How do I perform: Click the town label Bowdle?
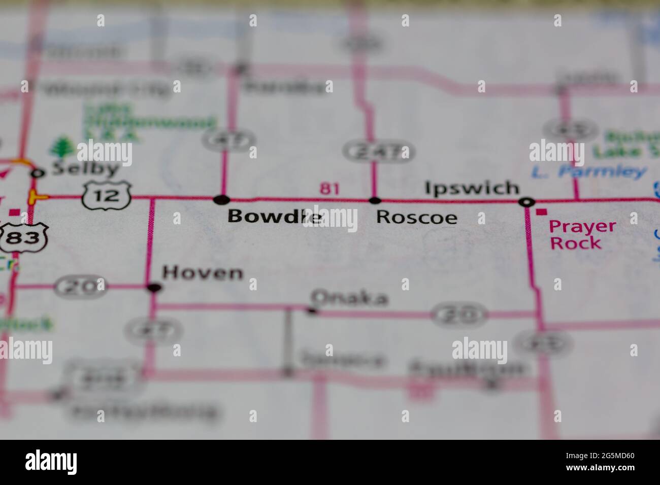(x=275, y=217)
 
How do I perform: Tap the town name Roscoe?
(x=416, y=217)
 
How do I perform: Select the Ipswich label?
(x=472, y=188)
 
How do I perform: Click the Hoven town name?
(x=203, y=273)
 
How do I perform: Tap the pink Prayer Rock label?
(x=583, y=234)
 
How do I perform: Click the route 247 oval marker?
(x=378, y=152)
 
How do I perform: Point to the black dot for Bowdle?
(x=221, y=199)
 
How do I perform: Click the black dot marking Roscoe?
(x=375, y=200)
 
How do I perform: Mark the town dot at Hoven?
(x=154, y=288)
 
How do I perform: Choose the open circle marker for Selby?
(x=37, y=174)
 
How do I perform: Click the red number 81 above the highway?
(x=329, y=189)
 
